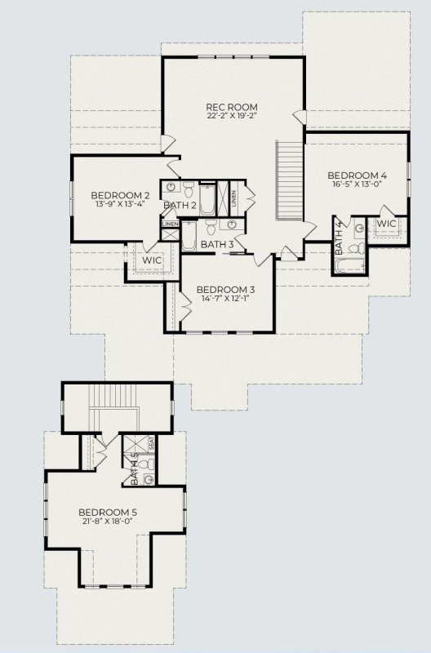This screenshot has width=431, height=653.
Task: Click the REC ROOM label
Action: coord(232,106)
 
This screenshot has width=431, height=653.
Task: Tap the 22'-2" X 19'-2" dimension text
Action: coord(232,116)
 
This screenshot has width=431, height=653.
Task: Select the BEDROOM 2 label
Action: coord(120,195)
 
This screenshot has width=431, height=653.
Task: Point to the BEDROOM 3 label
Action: coord(226,290)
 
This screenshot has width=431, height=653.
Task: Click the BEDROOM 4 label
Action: coord(357,175)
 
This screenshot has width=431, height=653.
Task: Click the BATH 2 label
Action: coord(179,205)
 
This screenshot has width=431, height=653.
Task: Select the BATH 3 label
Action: coord(217,243)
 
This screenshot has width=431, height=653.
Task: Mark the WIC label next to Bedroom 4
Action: coord(386,223)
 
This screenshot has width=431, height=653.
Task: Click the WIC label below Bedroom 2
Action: coord(152,260)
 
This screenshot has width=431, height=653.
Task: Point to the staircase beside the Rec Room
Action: coord(288,180)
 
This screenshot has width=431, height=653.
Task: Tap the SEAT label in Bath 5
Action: coord(152,443)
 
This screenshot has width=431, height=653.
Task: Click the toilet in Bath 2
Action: coord(189,193)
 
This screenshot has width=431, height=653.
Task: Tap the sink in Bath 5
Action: coord(149,479)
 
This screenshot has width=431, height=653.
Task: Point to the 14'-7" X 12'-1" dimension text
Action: coord(226,300)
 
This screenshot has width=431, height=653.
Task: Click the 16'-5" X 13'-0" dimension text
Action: coord(357,185)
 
